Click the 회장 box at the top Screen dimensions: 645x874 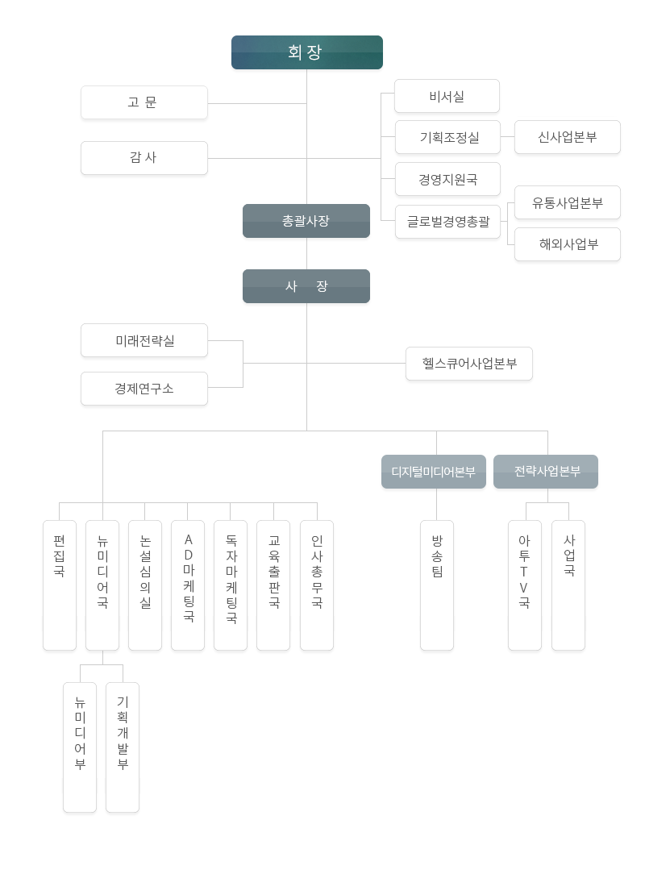pyautogui.click(x=306, y=52)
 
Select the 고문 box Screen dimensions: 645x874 pyautogui.click(x=144, y=102)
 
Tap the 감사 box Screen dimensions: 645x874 pyautogui.click(x=144, y=158)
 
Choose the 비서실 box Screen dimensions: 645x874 pyautogui.click(x=447, y=97)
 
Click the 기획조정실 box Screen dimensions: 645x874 pyautogui.click(x=447, y=137)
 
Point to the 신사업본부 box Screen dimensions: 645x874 pyautogui.click(x=568, y=137)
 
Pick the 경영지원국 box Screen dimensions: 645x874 pyautogui.click(x=447, y=179)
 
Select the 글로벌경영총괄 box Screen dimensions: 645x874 pyautogui.click(x=447, y=222)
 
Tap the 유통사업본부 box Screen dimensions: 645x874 pyautogui.click(x=568, y=203)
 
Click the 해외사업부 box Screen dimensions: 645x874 pyautogui.click(x=568, y=244)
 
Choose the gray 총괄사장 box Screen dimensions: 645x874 pyautogui.click(x=306, y=221)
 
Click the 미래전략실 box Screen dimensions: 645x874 pyautogui.click(x=144, y=340)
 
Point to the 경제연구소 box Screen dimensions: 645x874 pyautogui.click(x=144, y=389)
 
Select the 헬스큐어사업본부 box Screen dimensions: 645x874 pyautogui.click(x=469, y=364)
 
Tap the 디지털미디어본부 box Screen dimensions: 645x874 pyautogui.click(x=434, y=472)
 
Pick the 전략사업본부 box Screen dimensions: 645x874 pyautogui.click(x=546, y=472)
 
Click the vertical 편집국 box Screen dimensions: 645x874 pyautogui.click(x=60, y=585)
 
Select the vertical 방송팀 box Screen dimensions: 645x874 pyautogui.click(x=437, y=585)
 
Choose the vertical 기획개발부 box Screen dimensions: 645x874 pyautogui.click(x=123, y=747)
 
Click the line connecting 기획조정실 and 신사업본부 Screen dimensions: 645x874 pyautogui.click(x=507, y=136)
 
